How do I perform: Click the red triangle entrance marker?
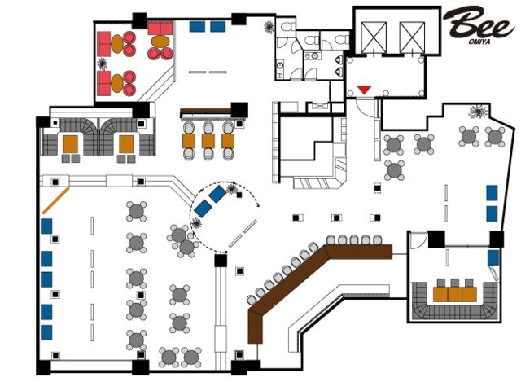(x=364, y=90)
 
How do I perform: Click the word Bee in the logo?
(x=478, y=24)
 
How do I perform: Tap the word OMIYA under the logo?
(x=479, y=42)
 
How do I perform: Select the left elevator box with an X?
(x=374, y=37)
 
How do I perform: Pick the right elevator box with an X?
(x=413, y=37)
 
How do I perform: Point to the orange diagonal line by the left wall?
(x=55, y=200)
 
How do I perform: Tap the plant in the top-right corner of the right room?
(x=478, y=112)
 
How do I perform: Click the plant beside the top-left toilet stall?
(x=269, y=27)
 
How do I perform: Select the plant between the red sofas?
(x=102, y=64)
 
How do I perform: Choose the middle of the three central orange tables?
(x=208, y=141)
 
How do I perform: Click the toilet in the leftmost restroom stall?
(x=287, y=27)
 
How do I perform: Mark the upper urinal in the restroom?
(x=339, y=59)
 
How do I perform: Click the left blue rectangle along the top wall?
(x=197, y=27)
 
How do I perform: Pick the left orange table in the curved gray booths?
(x=71, y=143)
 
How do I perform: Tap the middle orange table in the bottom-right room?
(x=455, y=294)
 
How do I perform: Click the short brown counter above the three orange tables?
(x=206, y=112)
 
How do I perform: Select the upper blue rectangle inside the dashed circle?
(x=217, y=194)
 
